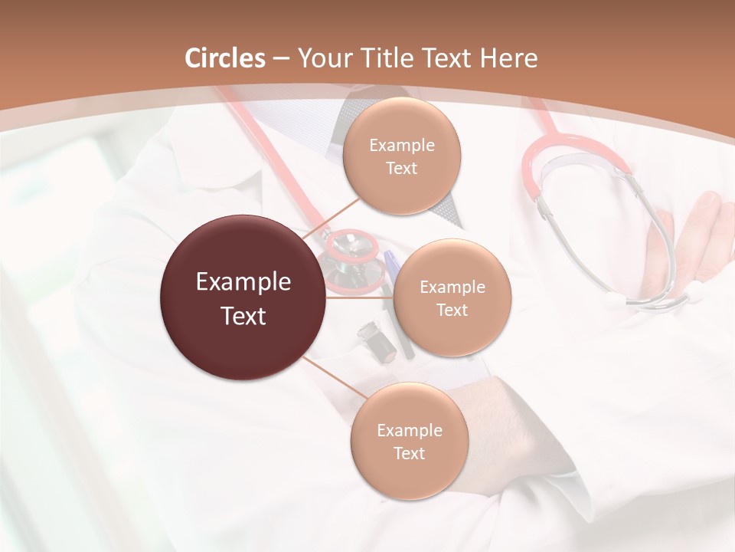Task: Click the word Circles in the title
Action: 225,58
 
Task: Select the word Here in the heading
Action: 508,58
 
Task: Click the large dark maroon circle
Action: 243,297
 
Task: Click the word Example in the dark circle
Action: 243,282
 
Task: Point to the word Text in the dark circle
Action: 243,316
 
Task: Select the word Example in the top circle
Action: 401,146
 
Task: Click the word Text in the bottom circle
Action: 409,453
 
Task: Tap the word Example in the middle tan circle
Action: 452,287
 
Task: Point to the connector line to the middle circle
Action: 360,297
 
